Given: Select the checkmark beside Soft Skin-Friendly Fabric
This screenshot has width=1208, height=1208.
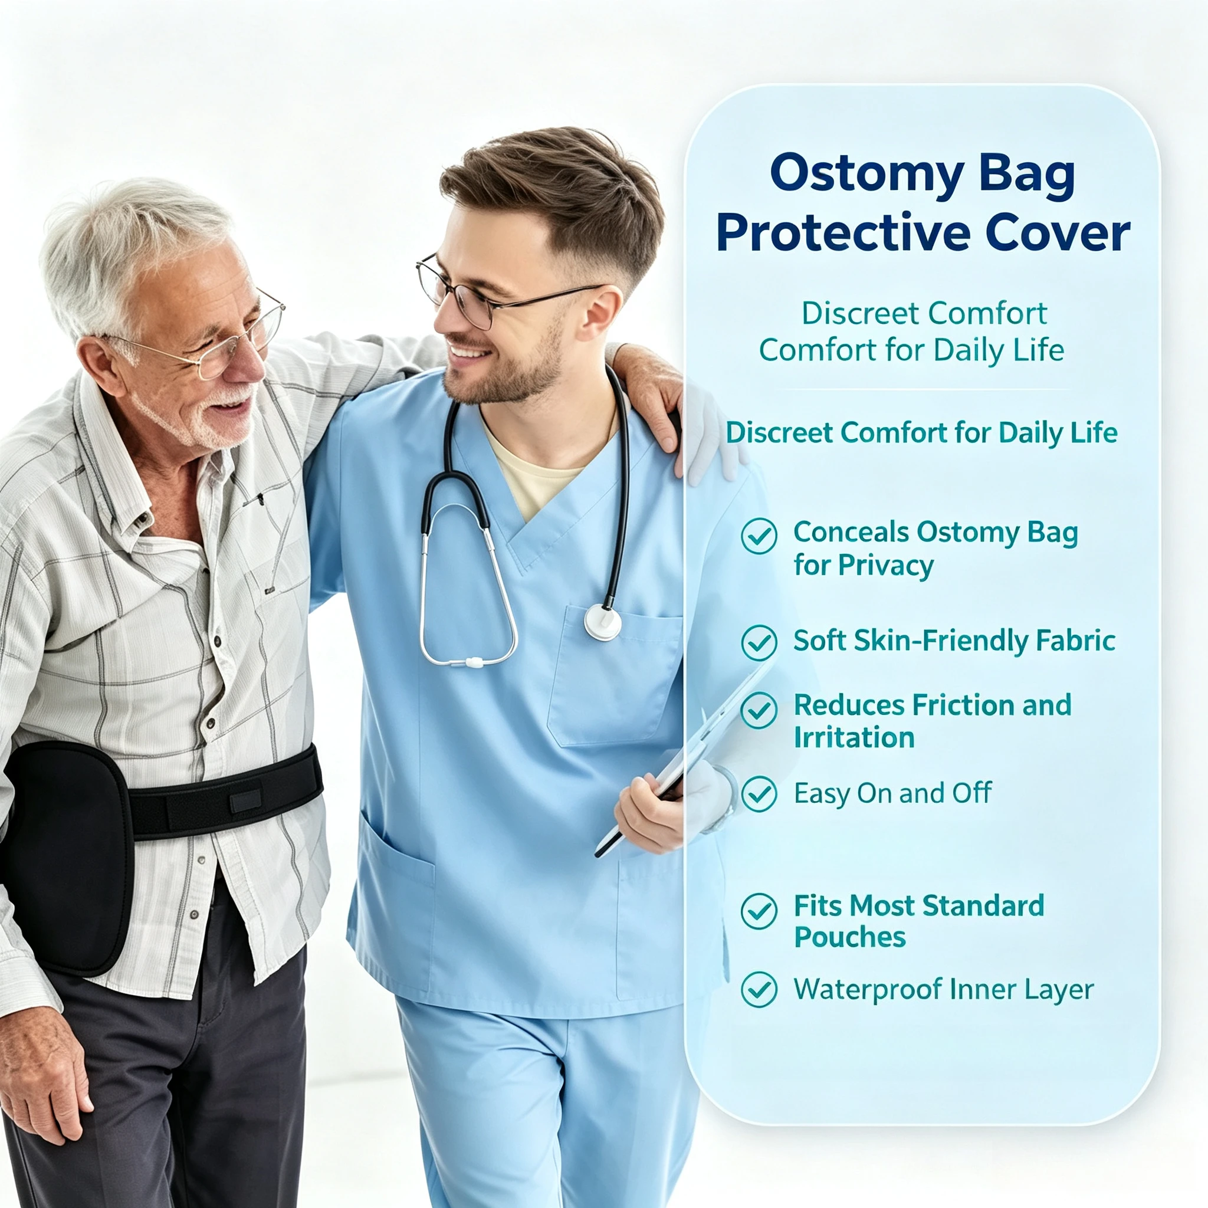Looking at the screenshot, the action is tap(759, 642).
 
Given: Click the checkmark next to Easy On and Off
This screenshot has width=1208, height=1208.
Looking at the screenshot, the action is tap(759, 794).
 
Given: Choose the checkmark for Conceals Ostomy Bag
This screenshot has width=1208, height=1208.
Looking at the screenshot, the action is tap(759, 536).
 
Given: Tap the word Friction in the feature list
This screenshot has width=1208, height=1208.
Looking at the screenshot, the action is tap(963, 705).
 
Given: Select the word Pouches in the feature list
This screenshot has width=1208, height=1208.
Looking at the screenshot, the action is tap(850, 937).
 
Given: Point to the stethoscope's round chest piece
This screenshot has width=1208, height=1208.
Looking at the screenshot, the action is tap(603, 623).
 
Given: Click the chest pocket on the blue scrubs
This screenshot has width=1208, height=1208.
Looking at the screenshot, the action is tap(615, 675).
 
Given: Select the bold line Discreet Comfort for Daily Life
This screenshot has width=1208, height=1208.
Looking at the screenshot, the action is tap(921, 434).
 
